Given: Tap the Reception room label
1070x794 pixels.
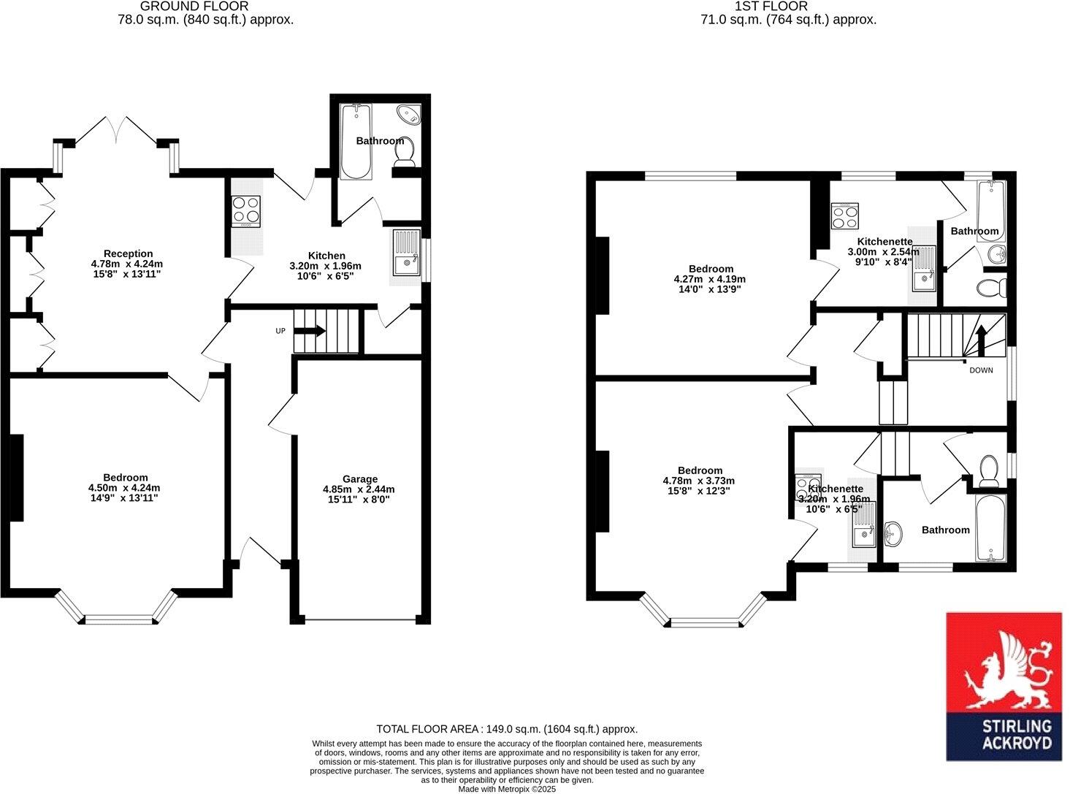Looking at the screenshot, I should (x=128, y=253).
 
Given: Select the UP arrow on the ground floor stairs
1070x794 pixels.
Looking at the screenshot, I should (x=310, y=331).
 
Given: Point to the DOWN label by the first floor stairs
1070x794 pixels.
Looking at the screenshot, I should (x=981, y=370).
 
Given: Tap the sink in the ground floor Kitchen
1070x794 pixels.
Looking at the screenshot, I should (x=406, y=253).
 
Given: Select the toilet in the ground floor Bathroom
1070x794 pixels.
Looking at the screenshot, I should (x=403, y=151).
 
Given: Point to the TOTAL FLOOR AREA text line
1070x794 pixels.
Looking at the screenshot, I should (x=507, y=729).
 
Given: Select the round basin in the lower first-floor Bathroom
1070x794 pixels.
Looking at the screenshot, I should (x=893, y=534).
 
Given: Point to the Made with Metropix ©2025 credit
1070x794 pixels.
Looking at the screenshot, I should (x=507, y=789).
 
